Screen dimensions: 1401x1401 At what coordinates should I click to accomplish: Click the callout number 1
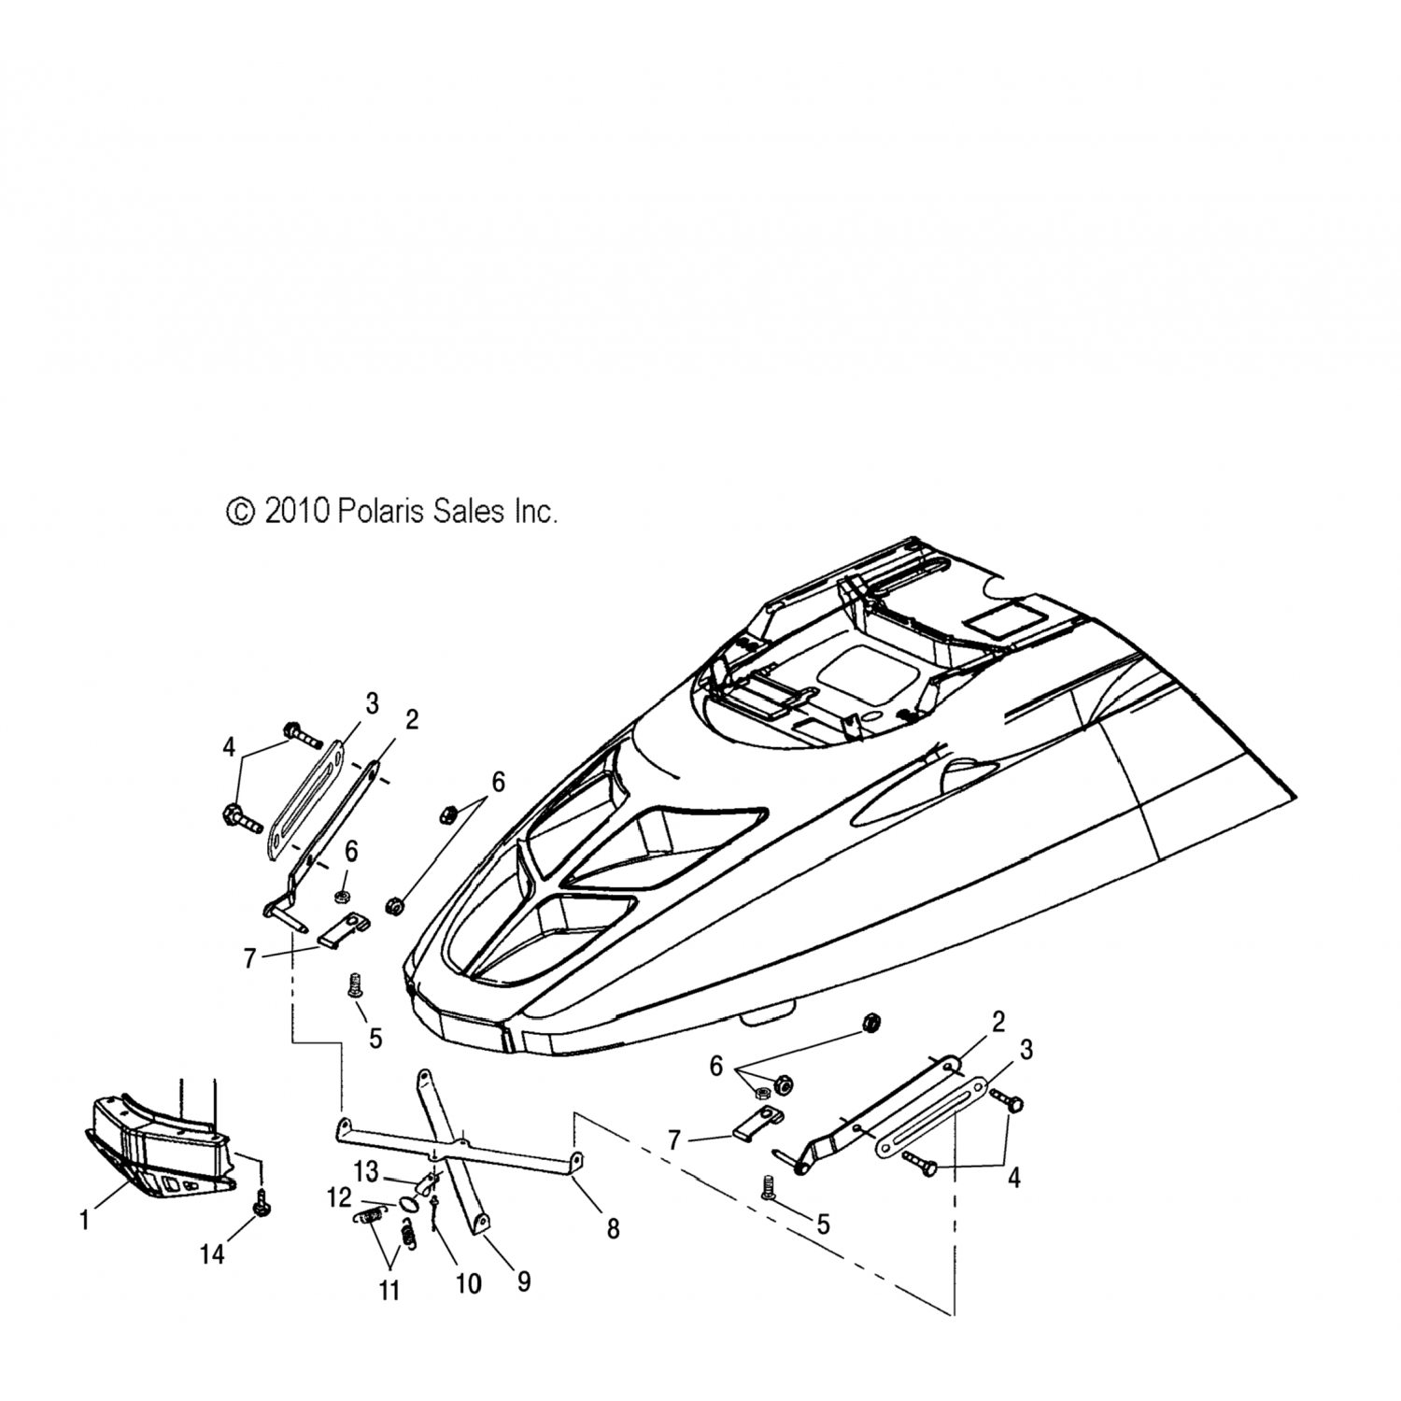pyautogui.click(x=85, y=1220)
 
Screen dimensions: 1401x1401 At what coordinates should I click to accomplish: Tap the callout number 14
pyautogui.click(x=213, y=1253)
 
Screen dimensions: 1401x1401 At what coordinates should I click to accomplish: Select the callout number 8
pyautogui.click(x=613, y=1229)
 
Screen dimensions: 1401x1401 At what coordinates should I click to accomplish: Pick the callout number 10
pyautogui.click(x=468, y=1285)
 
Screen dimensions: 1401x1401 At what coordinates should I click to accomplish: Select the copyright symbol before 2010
pyautogui.click(x=240, y=511)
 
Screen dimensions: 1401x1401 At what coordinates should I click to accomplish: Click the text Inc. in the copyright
pyautogui.click(x=536, y=511)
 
